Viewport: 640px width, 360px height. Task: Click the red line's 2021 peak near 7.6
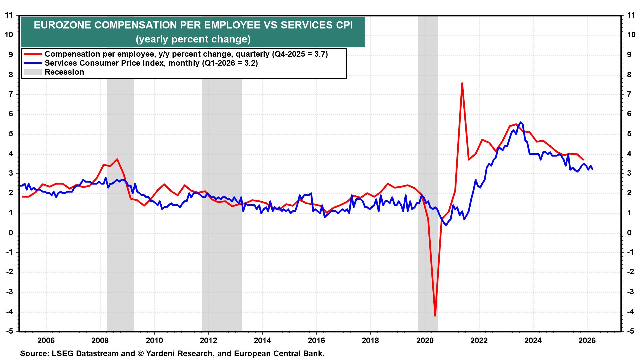click(462, 83)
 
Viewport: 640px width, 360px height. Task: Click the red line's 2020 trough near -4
click(435, 315)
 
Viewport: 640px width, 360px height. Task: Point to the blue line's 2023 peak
click(521, 122)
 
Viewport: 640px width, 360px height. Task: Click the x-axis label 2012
click(208, 341)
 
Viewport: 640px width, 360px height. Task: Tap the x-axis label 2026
click(587, 341)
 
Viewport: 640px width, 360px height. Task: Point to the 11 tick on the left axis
click(9, 15)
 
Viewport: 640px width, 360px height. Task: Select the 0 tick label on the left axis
click(11, 233)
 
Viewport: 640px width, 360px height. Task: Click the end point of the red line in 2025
click(583, 160)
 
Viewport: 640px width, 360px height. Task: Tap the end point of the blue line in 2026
click(592, 169)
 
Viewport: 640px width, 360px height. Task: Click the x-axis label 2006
click(46, 341)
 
